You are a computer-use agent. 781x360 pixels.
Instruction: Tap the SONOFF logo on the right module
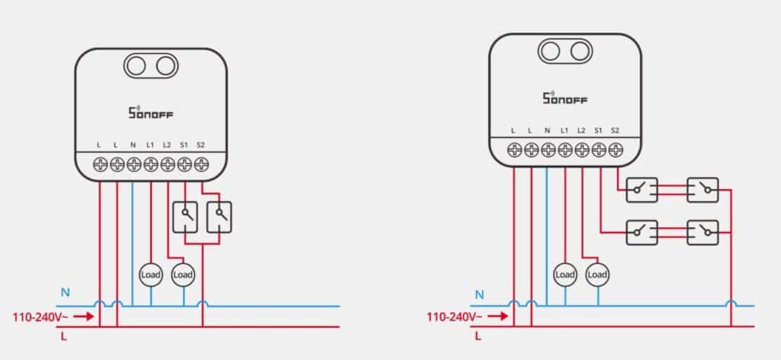[x=565, y=98]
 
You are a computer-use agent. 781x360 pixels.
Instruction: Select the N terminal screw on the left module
[x=133, y=164]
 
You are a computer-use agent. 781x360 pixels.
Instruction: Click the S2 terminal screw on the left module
[x=201, y=164]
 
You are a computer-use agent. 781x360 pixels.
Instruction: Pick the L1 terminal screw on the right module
[x=565, y=149]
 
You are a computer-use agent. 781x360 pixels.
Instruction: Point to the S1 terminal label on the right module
[x=598, y=130]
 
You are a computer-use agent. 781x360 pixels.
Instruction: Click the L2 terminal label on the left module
[x=167, y=146]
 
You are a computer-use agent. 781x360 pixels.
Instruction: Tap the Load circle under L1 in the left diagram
[x=150, y=275]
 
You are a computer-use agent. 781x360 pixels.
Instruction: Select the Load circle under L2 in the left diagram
[x=183, y=275]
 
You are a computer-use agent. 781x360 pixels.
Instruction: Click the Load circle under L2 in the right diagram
[x=598, y=275]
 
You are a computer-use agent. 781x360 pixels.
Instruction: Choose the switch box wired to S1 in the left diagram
[x=185, y=217]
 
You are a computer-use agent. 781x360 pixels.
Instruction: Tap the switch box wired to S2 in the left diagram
[x=219, y=217]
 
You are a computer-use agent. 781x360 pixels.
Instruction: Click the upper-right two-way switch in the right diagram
[x=702, y=190]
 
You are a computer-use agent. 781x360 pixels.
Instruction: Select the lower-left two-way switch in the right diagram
[x=641, y=233]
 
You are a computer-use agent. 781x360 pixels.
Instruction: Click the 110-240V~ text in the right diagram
[x=454, y=317]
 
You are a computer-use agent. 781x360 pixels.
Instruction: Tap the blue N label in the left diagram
[x=66, y=293]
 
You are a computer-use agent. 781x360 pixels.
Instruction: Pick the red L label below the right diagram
[x=478, y=336]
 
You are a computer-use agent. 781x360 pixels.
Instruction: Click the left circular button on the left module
[x=134, y=66]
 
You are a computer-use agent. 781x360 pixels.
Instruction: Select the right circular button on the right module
[x=580, y=51]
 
